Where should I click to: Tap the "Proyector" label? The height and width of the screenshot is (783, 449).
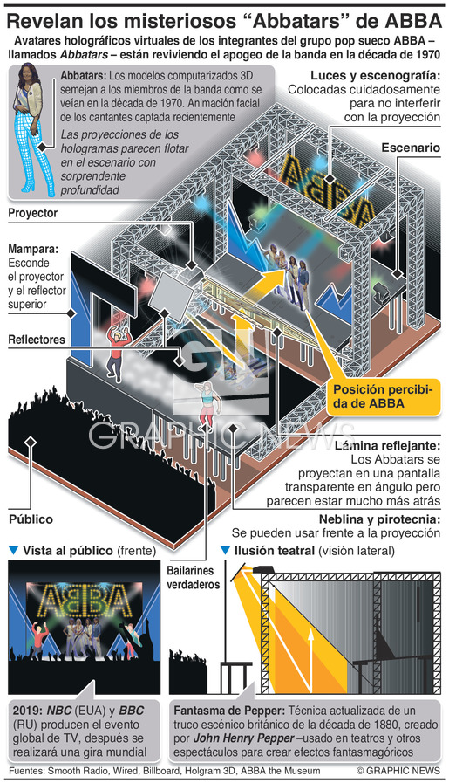point(33,213)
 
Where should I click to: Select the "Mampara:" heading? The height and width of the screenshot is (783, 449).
point(32,249)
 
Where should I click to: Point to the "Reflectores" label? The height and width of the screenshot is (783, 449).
point(37,340)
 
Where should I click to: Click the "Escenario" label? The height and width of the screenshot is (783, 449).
point(411,148)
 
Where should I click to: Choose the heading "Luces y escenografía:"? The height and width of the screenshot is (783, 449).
point(375,76)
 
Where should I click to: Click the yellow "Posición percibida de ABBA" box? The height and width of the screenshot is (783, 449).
point(383,396)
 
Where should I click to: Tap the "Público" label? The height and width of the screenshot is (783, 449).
point(31,519)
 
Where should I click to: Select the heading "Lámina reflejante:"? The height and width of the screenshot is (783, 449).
point(387,445)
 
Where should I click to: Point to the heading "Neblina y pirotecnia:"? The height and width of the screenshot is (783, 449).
point(379,519)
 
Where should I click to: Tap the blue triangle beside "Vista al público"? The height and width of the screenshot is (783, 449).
point(13,550)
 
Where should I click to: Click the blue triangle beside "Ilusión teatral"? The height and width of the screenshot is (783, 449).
point(225,550)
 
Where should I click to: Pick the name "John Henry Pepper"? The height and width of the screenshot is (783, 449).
point(243,738)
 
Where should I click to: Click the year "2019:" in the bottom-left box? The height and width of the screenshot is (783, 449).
point(27,711)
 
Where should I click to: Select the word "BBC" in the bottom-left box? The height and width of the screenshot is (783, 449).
point(132,711)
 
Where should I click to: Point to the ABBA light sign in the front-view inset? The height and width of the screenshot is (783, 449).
point(85,601)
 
